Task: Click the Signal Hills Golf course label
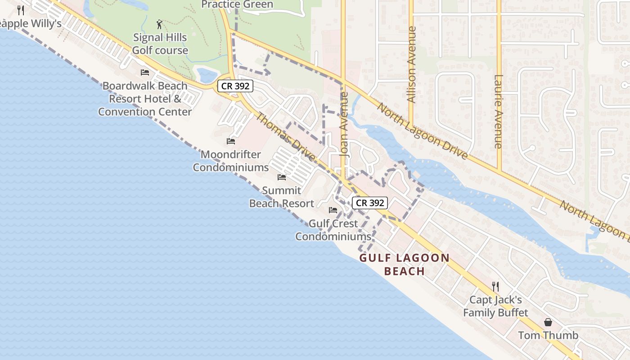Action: point(160,44)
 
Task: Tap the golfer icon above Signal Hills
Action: point(159,24)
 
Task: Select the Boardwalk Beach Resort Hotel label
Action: point(145,99)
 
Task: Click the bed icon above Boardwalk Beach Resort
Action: point(145,72)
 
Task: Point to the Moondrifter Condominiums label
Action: point(231,161)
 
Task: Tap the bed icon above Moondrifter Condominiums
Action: point(231,141)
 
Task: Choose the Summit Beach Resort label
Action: point(282,197)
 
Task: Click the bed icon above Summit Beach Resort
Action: point(282,177)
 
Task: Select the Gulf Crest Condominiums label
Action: point(333,229)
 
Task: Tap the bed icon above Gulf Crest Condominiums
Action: point(333,210)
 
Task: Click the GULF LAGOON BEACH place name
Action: point(405,265)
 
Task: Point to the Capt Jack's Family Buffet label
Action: point(495,306)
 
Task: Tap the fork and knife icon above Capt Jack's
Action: point(495,286)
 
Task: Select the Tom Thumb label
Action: point(548,335)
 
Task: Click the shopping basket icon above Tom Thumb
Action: point(548,322)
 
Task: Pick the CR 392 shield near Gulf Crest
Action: point(370,203)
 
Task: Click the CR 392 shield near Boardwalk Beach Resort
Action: point(235,86)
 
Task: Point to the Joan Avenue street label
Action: point(345,124)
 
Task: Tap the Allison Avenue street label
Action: point(411,64)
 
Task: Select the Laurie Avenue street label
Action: point(498,111)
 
